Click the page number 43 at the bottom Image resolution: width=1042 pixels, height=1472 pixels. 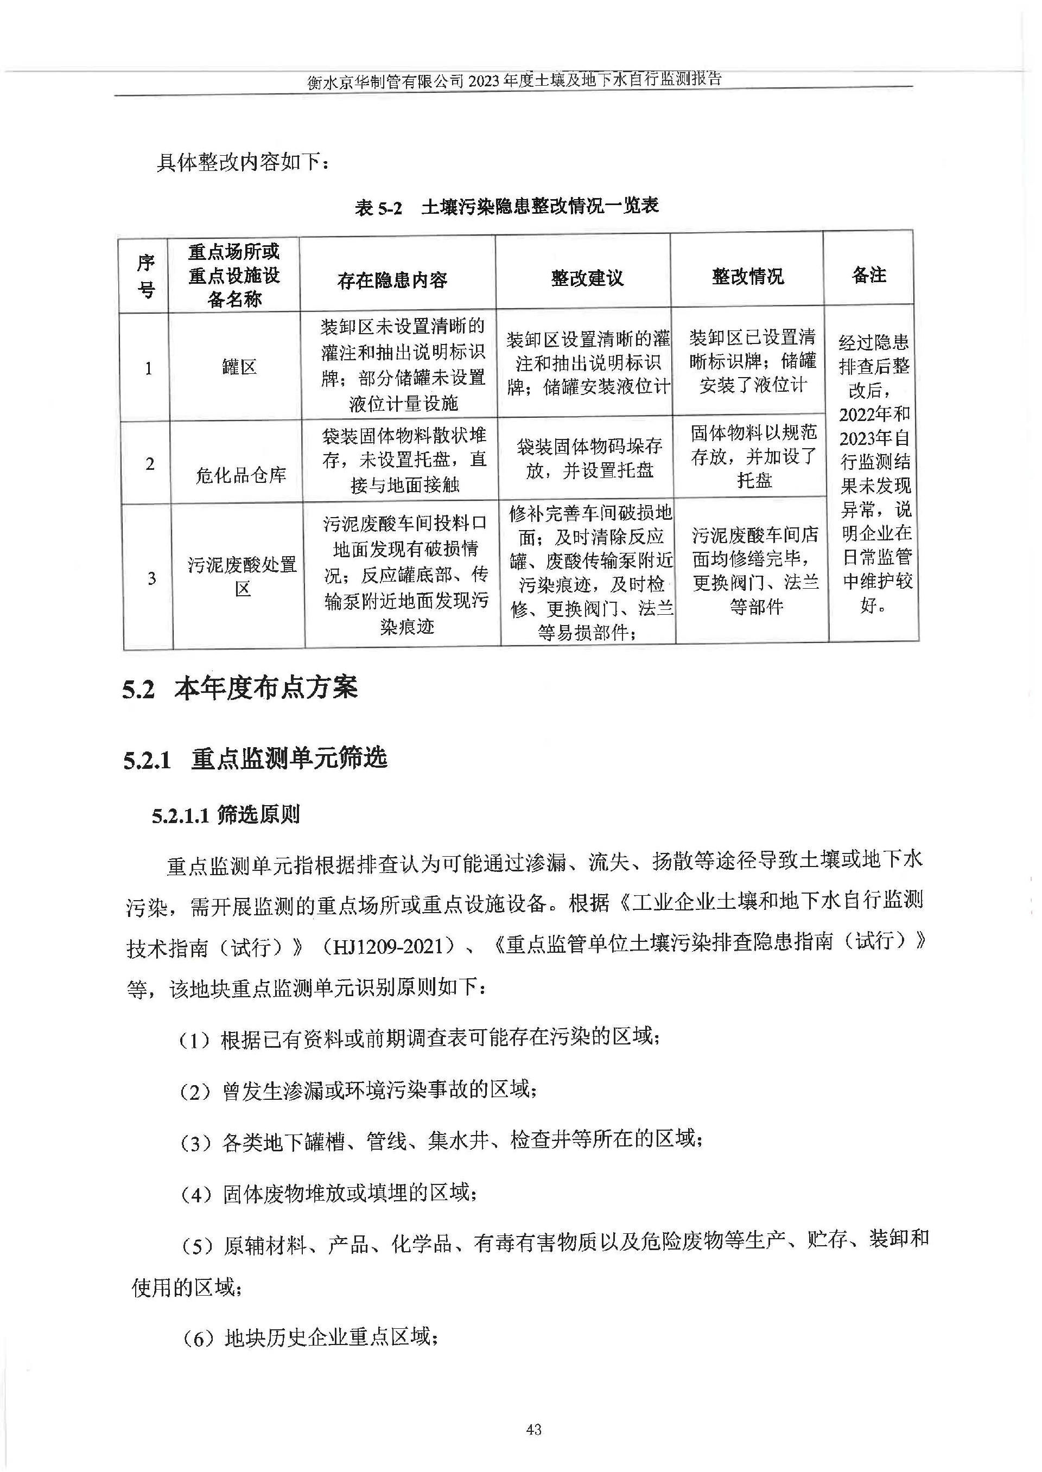533,1429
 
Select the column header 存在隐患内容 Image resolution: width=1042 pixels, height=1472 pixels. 392,279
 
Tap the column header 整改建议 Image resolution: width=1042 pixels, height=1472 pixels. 587,278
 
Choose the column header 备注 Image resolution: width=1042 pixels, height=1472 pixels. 869,275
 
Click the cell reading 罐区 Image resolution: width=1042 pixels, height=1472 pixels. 239,367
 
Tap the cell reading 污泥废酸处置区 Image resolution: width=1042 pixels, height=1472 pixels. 242,576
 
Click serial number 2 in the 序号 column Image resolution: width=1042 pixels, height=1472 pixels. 149,464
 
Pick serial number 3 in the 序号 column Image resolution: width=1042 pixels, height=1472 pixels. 151,578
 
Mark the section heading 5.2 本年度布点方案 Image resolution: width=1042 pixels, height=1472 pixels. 240,689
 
